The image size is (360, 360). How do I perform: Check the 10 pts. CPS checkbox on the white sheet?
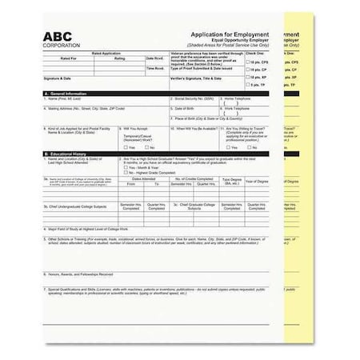248,61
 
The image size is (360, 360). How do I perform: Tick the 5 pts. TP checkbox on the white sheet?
248,84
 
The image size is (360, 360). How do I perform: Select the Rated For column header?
69,58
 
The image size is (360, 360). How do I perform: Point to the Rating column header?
119,58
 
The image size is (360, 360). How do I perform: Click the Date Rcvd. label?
155,58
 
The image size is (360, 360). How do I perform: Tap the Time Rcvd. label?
155,69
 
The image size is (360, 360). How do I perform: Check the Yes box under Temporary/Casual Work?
122,147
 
